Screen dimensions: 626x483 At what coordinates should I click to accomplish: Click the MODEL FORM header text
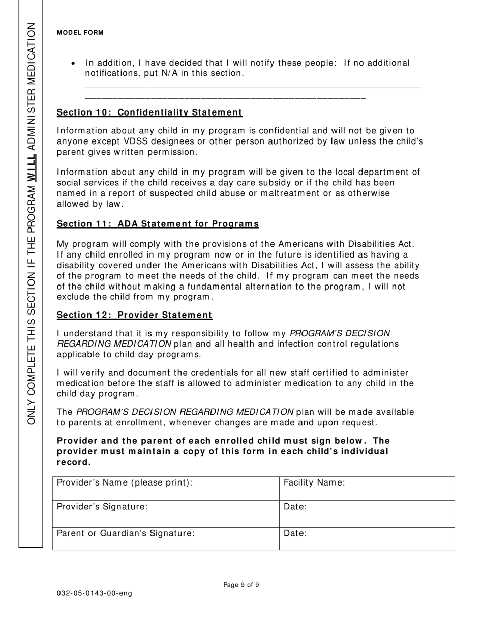pos(80,33)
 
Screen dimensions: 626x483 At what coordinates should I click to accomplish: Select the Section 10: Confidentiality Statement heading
pos(149,112)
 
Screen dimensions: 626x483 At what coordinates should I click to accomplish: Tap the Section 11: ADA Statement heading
pos(158,224)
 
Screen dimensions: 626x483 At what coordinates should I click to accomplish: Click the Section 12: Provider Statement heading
pos(135,315)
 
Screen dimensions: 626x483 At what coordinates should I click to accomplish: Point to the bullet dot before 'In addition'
pos(74,64)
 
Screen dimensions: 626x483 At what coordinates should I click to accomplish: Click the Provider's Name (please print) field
pos(166,488)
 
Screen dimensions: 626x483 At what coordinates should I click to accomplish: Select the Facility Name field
pos(367,488)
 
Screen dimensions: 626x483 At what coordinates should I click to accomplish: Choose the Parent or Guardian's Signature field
pos(166,538)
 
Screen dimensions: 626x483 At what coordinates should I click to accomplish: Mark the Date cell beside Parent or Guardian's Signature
pos(367,538)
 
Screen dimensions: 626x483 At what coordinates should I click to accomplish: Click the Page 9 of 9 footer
pos(241,585)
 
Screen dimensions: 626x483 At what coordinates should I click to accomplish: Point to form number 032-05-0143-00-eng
pos(94,594)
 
